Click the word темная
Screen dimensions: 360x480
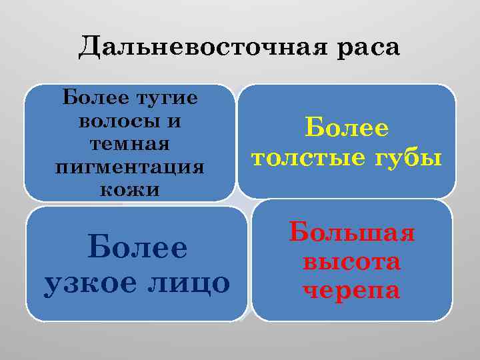(x=129, y=143)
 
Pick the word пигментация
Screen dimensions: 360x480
(x=129, y=166)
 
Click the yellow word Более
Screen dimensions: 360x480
(x=347, y=128)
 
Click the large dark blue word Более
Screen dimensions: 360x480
(x=137, y=248)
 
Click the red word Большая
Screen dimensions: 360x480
(x=352, y=233)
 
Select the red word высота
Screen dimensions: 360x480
(x=352, y=261)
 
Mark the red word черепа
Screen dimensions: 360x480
(x=352, y=290)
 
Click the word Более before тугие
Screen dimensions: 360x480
(x=89, y=98)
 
